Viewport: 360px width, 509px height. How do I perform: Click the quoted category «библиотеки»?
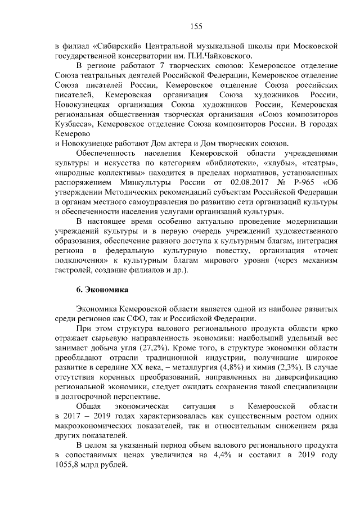[235, 163]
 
